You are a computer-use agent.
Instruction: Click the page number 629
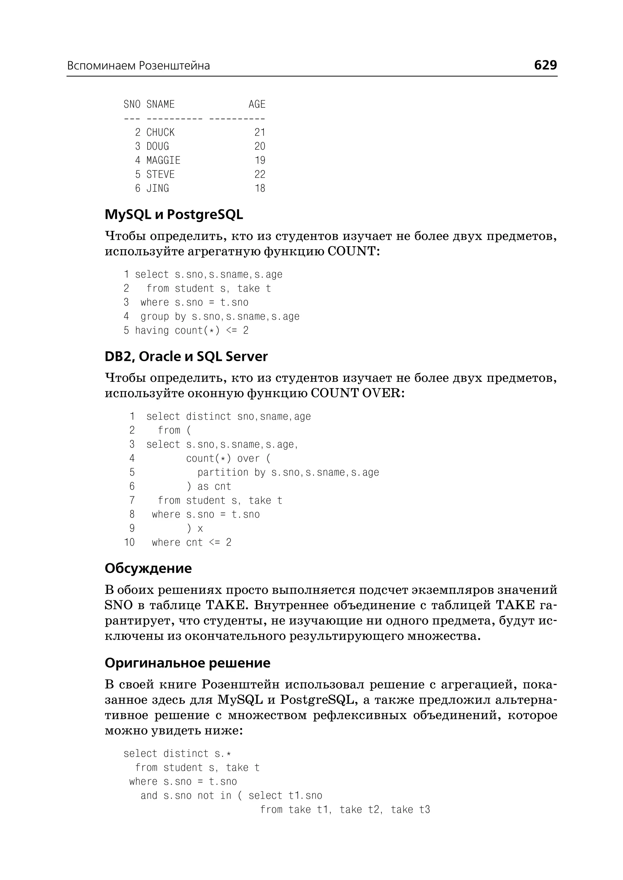point(545,65)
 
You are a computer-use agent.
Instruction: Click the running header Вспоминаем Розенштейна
point(138,66)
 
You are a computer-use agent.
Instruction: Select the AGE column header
point(257,104)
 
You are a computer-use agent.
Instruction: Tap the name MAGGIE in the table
point(163,160)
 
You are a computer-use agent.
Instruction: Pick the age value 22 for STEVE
point(260,175)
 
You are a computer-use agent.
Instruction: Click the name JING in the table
point(157,188)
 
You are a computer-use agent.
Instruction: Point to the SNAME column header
point(160,104)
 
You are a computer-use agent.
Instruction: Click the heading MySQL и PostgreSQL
point(174,215)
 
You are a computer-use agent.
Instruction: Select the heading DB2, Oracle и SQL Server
point(186,357)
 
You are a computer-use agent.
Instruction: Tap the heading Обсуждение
point(148,568)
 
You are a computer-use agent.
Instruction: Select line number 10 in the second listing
point(129,543)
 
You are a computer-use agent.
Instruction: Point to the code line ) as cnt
point(209,487)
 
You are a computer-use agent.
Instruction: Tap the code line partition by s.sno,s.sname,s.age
point(288,473)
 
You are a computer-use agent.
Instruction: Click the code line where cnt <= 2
point(191,543)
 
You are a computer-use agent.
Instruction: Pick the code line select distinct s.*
point(177,754)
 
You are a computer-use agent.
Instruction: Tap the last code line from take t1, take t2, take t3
point(345,810)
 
